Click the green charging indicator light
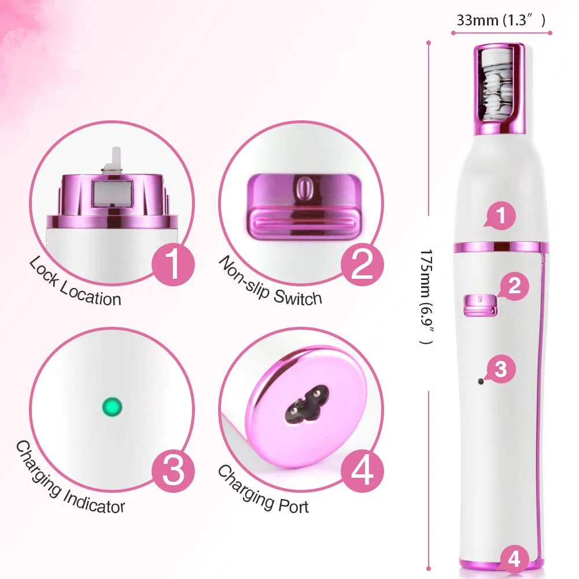112,407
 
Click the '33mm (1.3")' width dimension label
501,20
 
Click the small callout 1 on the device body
500,216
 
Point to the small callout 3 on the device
500,369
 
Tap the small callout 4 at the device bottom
514,559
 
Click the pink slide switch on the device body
480,305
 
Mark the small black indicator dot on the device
481,381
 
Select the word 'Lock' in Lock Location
43,272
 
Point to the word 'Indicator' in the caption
94,501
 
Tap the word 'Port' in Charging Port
293,506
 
